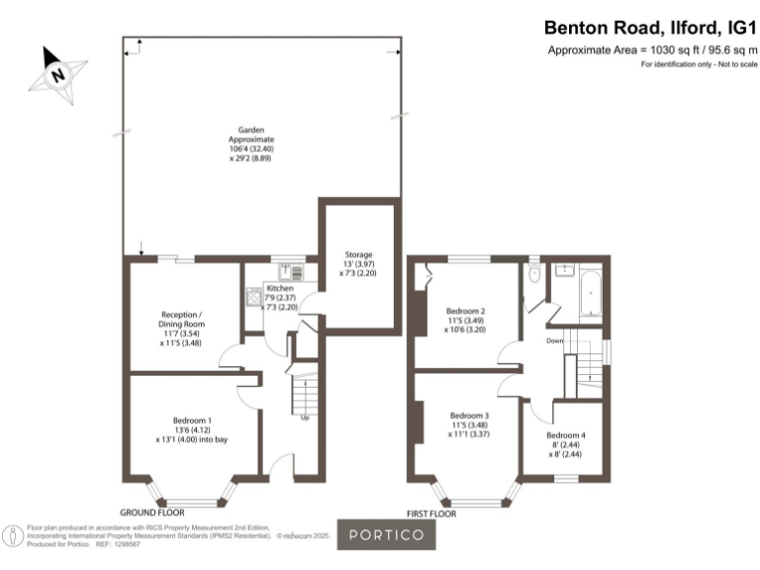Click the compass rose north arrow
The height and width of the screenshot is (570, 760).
58,73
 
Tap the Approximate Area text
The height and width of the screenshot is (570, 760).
651,50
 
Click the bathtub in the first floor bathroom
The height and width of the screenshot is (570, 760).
589,293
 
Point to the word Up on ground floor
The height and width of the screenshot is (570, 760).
305,417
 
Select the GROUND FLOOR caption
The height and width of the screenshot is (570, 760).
152,513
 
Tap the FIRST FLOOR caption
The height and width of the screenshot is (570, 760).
431,515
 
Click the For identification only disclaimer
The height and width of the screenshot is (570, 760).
699,64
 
